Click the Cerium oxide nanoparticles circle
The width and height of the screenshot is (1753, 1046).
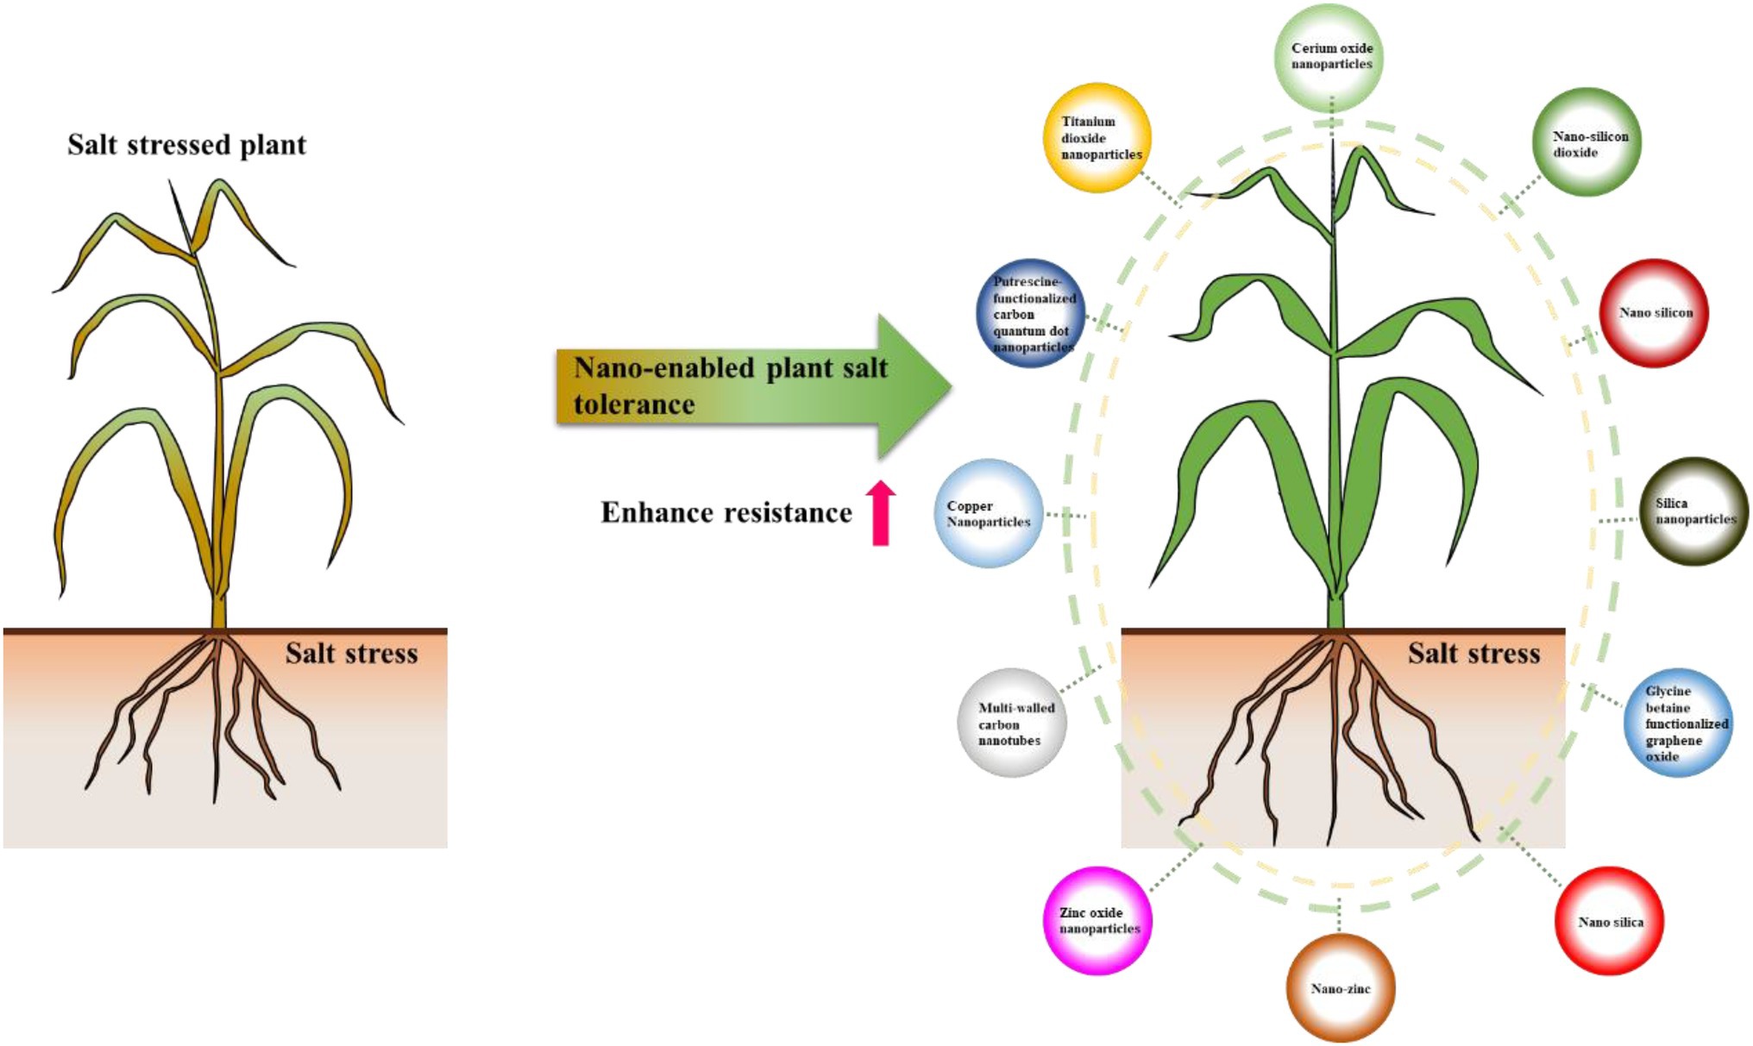pos(1330,57)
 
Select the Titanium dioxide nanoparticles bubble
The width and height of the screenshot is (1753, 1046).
pos(1097,138)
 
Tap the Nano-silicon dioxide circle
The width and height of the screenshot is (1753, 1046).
pos(1586,142)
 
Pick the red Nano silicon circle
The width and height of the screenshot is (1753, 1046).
pos(1653,313)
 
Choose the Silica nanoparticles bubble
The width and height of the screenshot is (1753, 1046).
pos(1693,511)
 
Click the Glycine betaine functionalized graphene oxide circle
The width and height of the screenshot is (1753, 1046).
pos(1677,723)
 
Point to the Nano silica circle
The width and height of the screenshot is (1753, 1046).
pos(1609,921)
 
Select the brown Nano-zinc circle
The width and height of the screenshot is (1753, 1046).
pos(1340,988)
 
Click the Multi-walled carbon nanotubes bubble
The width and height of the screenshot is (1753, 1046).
pos(1011,723)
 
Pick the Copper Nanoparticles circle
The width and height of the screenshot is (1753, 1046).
pos(988,513)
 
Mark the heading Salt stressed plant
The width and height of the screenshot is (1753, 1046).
pos(186,145)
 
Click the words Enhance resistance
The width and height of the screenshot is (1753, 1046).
pos(726,513)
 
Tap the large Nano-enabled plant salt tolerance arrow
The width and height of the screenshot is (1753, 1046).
pos(751,386)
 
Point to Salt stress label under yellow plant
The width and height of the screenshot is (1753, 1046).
pos(351,654)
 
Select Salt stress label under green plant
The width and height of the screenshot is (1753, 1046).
pos(1473,654)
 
